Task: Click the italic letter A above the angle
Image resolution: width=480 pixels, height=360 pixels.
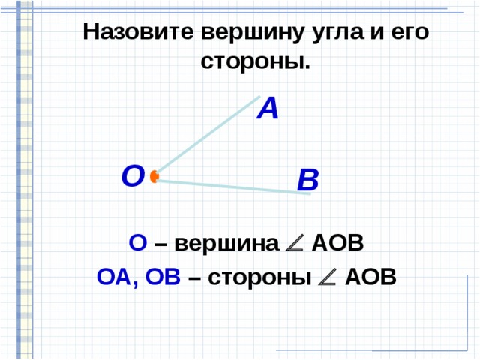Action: click(x=268, y=109)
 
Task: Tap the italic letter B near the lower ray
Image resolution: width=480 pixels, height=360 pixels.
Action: click(x=307, y=181)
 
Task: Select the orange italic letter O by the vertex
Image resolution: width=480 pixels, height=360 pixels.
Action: click(x=132, y=176)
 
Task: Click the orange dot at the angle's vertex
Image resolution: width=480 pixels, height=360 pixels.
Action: click(x=154, y=177)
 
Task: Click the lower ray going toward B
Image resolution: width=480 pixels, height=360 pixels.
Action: click(x=232, y=187)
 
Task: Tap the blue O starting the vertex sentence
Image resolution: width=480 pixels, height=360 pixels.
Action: click(x=137, y=244)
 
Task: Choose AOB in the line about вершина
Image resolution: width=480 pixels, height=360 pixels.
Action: click(x=337, y=244)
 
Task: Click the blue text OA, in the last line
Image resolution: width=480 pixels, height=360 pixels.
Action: click(x=117, y=277)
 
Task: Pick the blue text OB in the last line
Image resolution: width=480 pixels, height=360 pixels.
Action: click(x=163, y=277)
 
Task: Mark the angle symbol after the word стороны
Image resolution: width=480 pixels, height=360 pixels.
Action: click(x=327, y=277)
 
